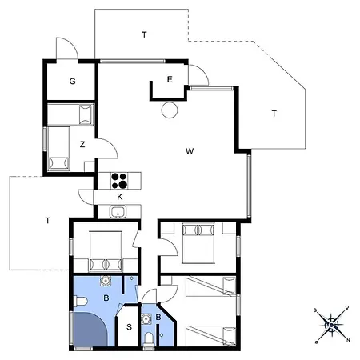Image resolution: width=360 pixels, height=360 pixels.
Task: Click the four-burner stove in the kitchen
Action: point(119,181)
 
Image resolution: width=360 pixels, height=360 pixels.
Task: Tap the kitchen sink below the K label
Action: point(118,212)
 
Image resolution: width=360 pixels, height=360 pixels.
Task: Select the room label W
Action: point(190,151)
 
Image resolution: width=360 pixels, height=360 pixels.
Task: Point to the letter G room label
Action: point(72,81)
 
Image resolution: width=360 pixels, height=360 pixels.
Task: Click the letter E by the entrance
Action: point(170,79)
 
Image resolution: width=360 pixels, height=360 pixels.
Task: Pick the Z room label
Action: point(82,144)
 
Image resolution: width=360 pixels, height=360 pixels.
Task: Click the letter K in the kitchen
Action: point(120,197)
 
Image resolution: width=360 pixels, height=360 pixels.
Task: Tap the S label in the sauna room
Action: point(129,327)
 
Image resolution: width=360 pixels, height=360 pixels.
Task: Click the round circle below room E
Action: point(170,110)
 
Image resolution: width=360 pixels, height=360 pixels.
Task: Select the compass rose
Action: point(331,325)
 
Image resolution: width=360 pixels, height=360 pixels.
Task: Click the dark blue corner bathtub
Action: point(90,330)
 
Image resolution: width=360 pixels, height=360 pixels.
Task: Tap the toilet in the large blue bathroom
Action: point(81,302)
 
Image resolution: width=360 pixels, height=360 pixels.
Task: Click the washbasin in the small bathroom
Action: point(146,318)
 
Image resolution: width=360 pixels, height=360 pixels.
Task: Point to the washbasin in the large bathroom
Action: point(106,281)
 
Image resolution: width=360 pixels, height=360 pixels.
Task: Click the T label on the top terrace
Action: point(144,34)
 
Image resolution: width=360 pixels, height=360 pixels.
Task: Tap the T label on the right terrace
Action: point(274,114)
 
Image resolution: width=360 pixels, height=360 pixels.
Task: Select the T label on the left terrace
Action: point(48,221)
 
